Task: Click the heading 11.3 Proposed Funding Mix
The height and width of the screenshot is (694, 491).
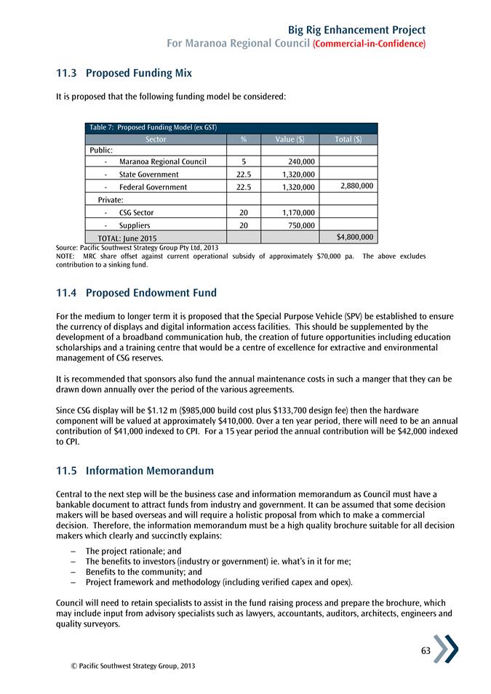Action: pos(124,73)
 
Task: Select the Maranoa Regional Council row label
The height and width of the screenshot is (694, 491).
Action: pos(162,161)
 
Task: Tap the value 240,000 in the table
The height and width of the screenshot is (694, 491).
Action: pos(301,161)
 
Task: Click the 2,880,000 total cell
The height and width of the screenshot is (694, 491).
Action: pos(356,186)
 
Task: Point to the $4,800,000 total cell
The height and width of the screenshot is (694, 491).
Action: pos(356,237)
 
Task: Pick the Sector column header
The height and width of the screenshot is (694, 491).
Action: pos(156,139)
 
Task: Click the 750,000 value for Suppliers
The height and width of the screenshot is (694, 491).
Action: pos(301,225)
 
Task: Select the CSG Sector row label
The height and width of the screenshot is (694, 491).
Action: pos(136,213)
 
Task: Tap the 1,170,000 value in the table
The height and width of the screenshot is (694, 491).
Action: pos(298,213)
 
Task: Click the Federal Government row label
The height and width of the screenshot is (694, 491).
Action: pos(153,187)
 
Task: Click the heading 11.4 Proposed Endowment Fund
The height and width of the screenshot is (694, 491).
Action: pos(136,294)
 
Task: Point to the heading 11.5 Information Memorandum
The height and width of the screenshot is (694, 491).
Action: pos(135,471)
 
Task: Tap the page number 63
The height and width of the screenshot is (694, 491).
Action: pos(426,650)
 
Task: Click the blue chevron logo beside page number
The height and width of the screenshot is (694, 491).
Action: pos(446,648)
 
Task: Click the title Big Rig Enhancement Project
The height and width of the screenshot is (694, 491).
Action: pos(356,30)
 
